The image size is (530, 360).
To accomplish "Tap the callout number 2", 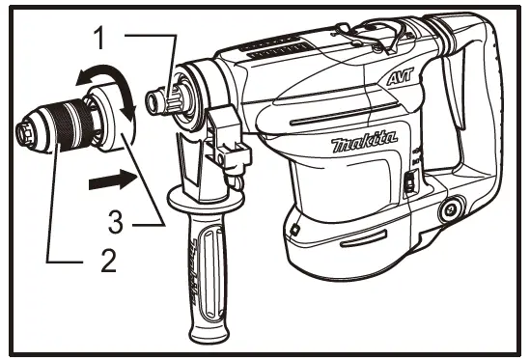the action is coord(111,257).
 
